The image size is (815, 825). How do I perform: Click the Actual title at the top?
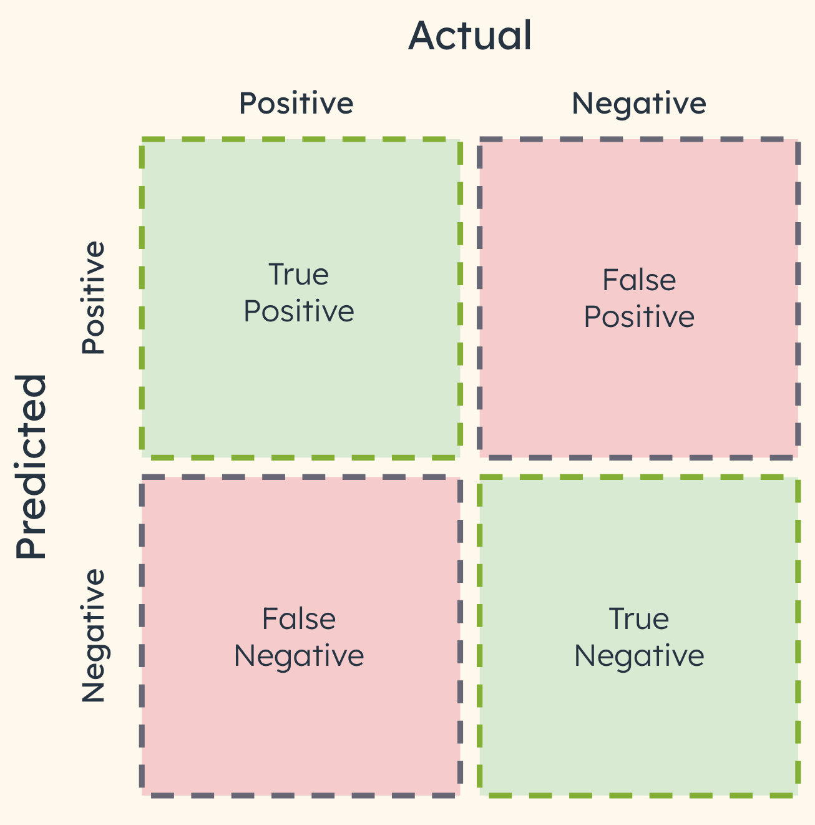[470, 36]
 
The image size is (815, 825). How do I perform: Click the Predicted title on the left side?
[31, 466]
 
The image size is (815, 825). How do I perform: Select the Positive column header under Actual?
[296, 103]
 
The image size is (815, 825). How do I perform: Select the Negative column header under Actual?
[638, 103]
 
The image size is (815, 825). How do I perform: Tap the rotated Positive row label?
[94, 298]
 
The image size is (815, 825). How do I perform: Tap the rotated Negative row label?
[94, 636]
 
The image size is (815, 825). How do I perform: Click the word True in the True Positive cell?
[298, 275]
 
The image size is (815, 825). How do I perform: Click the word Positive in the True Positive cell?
[298, 311]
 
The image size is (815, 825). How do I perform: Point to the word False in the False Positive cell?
[638, 280]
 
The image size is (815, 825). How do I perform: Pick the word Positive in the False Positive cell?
[638, 317]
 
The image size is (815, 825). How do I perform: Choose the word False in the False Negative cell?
[298, 619]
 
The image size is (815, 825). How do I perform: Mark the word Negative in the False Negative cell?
[298, 656]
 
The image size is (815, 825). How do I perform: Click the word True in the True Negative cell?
[638, 619]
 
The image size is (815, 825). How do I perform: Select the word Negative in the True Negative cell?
[638, 656]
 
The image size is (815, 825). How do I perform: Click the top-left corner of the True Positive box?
[142, 140]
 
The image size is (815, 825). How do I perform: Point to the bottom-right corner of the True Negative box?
[798, 794]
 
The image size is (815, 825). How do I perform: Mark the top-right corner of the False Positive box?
[798, 141]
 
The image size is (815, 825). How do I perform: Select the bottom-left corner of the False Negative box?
[142, 794]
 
